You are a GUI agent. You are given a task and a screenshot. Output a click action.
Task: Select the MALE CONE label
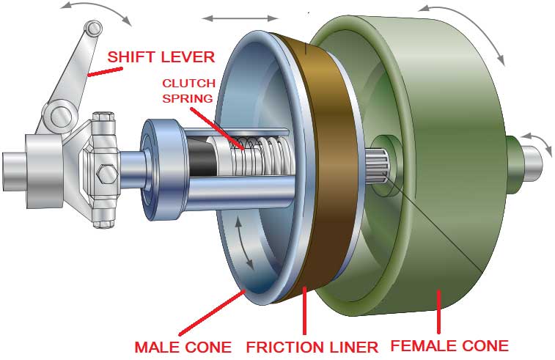183,345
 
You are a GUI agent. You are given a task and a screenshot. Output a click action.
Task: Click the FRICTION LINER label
311,345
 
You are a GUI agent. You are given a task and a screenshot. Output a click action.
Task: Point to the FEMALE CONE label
449,345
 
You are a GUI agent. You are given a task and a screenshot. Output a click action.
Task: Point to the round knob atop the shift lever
91,29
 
